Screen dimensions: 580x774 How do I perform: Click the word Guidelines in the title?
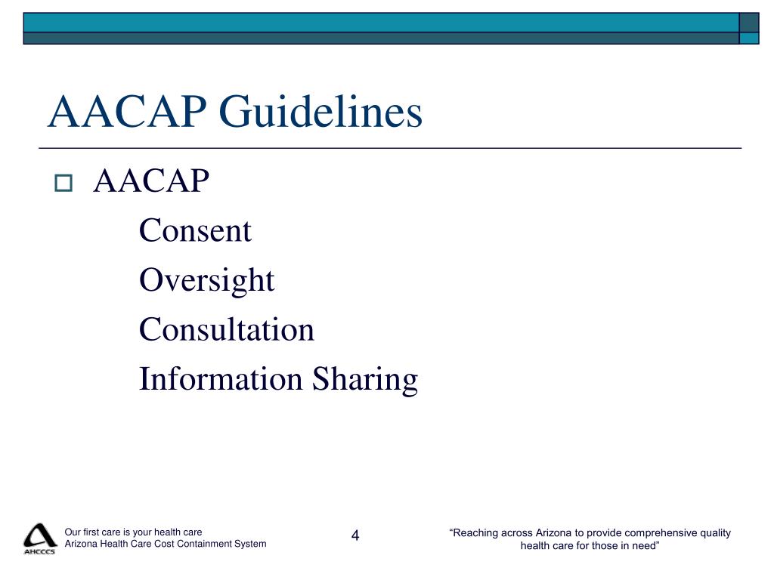coord(320,113)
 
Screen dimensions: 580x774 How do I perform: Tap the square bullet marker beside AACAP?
coord(63,183)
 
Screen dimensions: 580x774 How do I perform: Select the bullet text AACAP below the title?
coord(151,181)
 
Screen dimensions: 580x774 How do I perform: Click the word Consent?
coord(195,230)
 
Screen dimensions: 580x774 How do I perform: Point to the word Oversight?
coord(206,280)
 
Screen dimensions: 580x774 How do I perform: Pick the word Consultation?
coord(226,329)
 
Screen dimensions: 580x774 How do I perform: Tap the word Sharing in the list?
coord(366,379)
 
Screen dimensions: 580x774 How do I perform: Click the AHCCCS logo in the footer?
coord(39,538)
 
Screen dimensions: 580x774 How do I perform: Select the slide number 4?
coord(355,536)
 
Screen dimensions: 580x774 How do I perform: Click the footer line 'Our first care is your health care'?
coord(133,532)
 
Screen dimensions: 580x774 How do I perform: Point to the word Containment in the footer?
coord(207,544)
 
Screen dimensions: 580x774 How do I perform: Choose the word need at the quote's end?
coord(642,546)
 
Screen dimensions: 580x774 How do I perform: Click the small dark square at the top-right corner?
coord(749,23)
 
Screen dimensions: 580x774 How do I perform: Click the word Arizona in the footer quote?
coord(554,533)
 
